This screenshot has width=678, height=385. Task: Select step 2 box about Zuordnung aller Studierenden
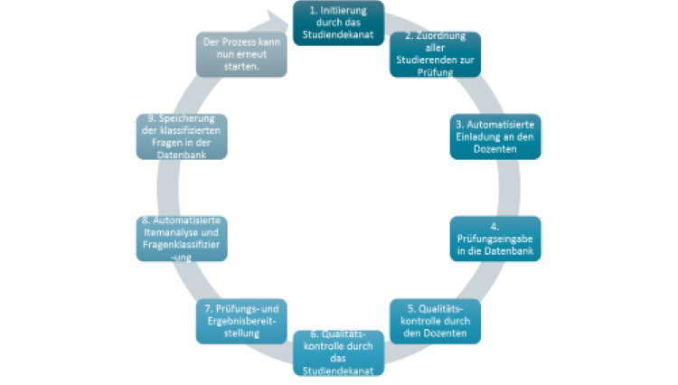(x=435, y=54)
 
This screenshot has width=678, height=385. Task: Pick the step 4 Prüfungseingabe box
(x=496, y=238)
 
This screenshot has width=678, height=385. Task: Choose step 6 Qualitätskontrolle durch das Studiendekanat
(x=338, y=353)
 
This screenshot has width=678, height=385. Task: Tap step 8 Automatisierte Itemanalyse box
(x=180, y=238)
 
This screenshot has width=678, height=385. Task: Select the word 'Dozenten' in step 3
(x=496, y=148)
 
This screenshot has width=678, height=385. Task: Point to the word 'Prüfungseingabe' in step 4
(x=496, y=238)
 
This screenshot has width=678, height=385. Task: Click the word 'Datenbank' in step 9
(x=180, y=154)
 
